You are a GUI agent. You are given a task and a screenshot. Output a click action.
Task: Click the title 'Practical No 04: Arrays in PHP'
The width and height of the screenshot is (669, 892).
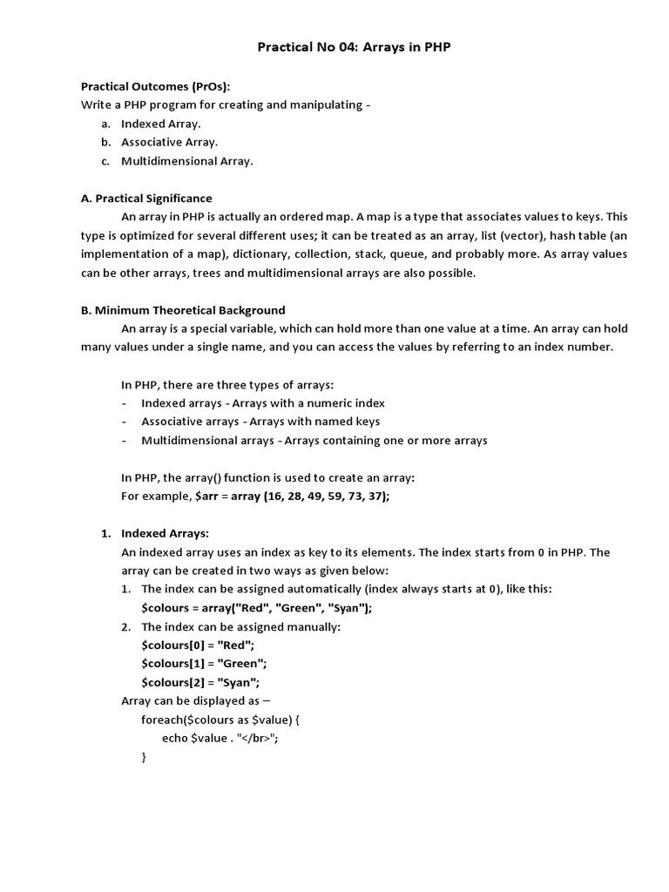pos(354,47)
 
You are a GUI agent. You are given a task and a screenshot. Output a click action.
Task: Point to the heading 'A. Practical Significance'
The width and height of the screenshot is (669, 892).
pos(146,199)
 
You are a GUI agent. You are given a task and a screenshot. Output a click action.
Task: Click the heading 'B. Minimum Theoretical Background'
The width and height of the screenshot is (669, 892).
pos(183,310)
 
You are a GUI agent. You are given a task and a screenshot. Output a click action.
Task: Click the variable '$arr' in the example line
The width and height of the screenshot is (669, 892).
pos(206,496)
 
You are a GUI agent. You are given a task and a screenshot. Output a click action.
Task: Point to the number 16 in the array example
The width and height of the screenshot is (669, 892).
pos(274,496)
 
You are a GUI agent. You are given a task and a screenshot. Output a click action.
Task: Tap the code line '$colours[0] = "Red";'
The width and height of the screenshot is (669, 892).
pos(197,645)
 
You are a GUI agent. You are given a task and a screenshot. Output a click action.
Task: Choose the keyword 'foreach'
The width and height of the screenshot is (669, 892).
pos(163,720)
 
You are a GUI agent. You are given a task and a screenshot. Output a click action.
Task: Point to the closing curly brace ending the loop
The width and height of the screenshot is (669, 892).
pos(144,758)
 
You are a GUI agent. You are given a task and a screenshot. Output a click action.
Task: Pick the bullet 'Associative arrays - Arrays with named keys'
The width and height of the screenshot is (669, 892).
pos(260,422)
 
